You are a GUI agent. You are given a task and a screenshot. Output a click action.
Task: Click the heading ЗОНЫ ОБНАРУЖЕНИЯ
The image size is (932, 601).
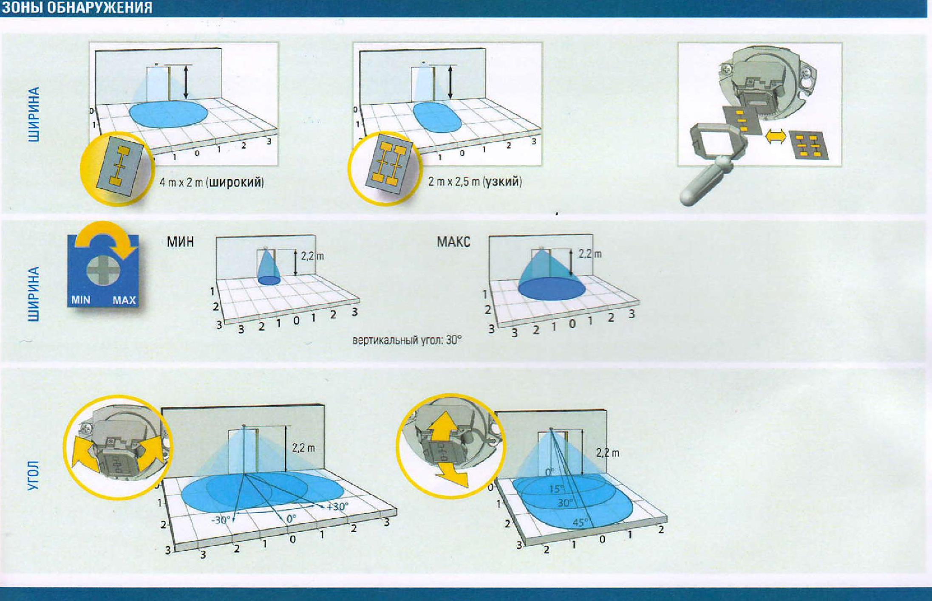click(x=77, y=8)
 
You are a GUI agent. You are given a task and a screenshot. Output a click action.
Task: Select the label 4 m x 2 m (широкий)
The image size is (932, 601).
click(x=212, y=182)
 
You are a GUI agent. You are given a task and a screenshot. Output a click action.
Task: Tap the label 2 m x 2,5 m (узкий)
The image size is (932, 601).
click(x=475, y=182)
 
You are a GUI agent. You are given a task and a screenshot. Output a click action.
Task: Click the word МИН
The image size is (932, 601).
click(x=180, y=242)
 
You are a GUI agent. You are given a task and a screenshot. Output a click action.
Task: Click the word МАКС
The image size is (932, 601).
click(x=453, y=242)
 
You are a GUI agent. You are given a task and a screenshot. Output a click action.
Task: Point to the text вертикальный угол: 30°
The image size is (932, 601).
click(x=407, y=340)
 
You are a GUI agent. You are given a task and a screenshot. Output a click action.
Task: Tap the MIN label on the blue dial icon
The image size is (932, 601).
click(x=81, y=300)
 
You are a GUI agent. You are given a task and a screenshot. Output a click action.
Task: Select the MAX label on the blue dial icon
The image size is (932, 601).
click(x=124, y=300)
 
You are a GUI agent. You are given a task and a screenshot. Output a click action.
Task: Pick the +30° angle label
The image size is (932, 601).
click(x=337, y=506)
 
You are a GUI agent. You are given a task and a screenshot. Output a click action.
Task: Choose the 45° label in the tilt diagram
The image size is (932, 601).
click(x=581, y=522)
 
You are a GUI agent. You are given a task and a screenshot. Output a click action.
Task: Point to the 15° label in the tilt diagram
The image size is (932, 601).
click(x=556, y=489)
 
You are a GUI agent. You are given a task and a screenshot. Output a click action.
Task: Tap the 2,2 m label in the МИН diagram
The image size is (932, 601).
click(x=312, y=256)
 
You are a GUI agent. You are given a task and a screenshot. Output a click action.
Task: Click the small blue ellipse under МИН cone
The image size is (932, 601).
click(x=269, y=280)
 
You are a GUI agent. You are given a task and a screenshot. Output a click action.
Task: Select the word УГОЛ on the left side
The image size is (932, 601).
click(x=33, y=475)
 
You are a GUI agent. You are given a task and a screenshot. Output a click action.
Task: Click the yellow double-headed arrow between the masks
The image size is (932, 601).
click(x=776, y=137)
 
